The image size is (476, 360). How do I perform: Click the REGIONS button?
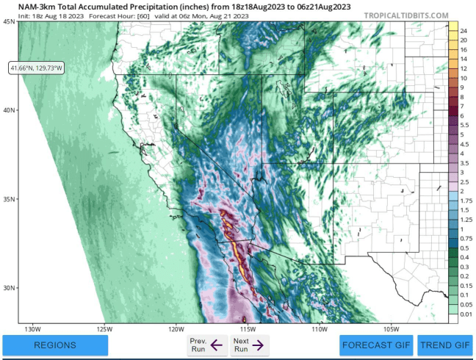pos(55,345)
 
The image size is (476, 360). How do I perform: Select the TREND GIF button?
pos(445,345)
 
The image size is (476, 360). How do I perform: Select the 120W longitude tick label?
pos(176,328)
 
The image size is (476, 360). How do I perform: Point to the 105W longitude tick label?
pos(390,328)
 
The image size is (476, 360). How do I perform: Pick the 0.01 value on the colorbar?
pos(466,314)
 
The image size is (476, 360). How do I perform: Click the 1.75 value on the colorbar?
pos(466,201)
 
